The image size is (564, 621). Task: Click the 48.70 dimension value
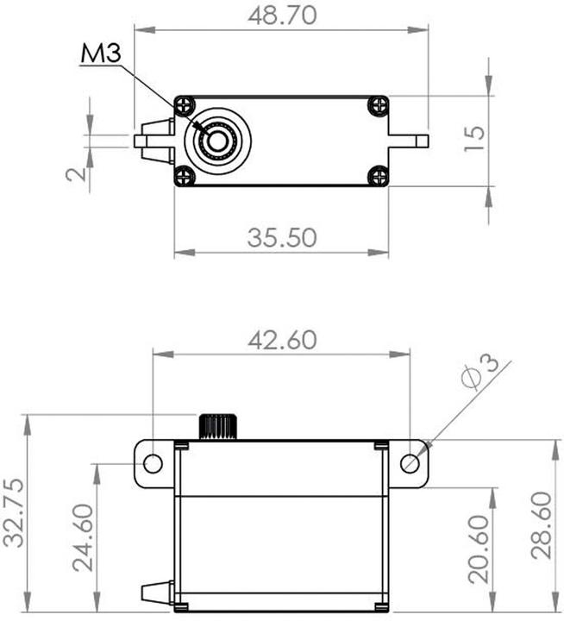281,16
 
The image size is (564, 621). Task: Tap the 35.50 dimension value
281,237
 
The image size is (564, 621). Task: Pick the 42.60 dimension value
281,339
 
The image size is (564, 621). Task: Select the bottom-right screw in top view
378,176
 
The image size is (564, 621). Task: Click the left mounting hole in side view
153,463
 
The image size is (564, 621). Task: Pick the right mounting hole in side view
410,463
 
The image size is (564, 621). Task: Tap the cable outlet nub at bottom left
153,593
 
